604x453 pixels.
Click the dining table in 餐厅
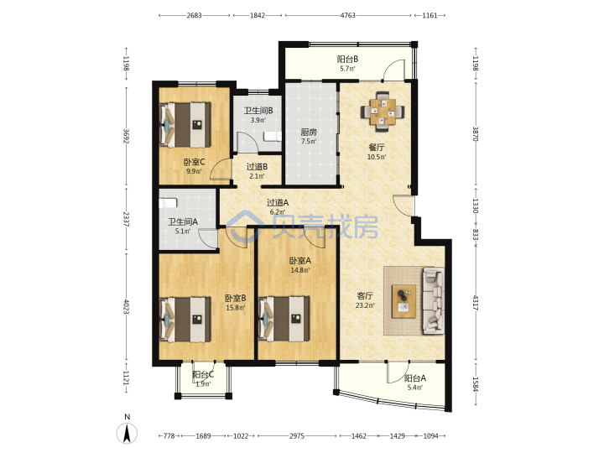tap(383, 112)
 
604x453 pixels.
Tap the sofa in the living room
tap(434, 301)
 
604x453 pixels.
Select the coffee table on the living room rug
tap(404, 301)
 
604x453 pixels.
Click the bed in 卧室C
tap(185, 124)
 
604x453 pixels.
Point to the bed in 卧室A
tap(284, 319)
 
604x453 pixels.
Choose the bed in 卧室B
tap(185, 320)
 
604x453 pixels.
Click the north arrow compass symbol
tap(127, 433)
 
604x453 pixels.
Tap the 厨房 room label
tap(309, 133)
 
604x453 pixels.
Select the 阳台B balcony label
tap(347, 59)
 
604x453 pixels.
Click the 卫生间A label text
tap(183, 221)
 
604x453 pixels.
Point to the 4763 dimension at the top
tap(348, 15)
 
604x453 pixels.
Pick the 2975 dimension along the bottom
tap(297, 436)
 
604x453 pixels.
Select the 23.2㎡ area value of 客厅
tap(364, 305)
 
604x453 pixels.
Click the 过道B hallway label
tap(257, 167)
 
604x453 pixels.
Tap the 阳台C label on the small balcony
tap(203, 374)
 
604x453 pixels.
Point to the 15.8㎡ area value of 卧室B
tap(235, 308)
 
